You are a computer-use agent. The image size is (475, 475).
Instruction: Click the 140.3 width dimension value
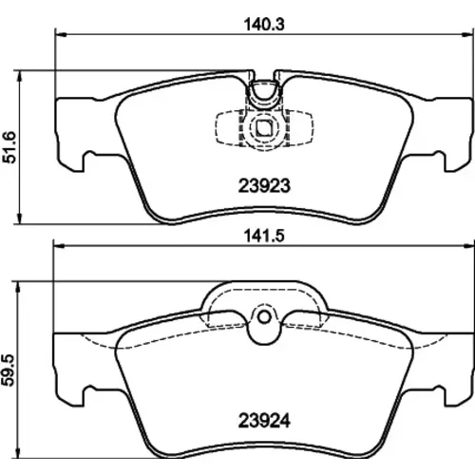(x=264, y=25)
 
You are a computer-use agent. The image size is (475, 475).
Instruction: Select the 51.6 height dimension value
(x=9, y=147)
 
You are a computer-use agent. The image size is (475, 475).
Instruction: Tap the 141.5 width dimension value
(x=264, y=236)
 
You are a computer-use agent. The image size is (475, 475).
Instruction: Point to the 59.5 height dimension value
(x=9, y=370)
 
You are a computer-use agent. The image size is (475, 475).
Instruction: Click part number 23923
(x=264, y=186)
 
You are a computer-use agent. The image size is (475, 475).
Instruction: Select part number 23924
(x=264, y=421)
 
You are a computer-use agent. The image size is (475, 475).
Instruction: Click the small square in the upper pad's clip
(x=263, y=128)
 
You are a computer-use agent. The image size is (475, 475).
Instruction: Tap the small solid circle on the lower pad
(x=264, y=317)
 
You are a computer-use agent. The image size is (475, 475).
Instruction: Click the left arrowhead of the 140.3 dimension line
(x=60, y=33)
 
